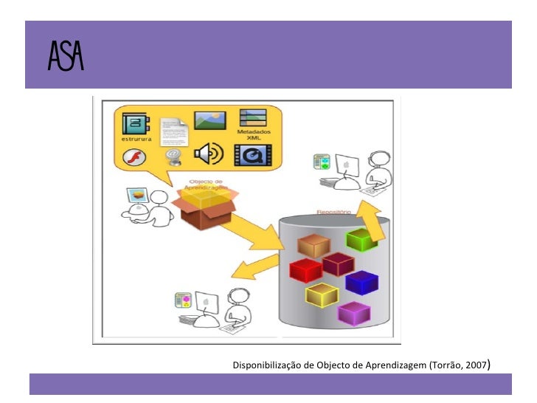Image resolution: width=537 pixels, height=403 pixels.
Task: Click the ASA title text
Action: coord(66,55)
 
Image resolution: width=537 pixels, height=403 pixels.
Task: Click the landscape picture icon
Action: coord(209,120)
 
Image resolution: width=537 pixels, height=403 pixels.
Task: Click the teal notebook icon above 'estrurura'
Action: coord(136,122)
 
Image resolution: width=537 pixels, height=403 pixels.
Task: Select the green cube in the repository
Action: coord(361,239)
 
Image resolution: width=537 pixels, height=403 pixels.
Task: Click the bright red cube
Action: coord(306,269)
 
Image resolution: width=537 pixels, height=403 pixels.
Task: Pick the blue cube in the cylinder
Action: coord(361,282)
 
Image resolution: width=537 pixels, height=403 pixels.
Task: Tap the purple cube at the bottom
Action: coord(353,313)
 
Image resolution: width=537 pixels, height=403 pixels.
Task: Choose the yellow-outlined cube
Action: coord(322,295)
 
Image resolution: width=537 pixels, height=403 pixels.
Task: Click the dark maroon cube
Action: coord(338,263)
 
